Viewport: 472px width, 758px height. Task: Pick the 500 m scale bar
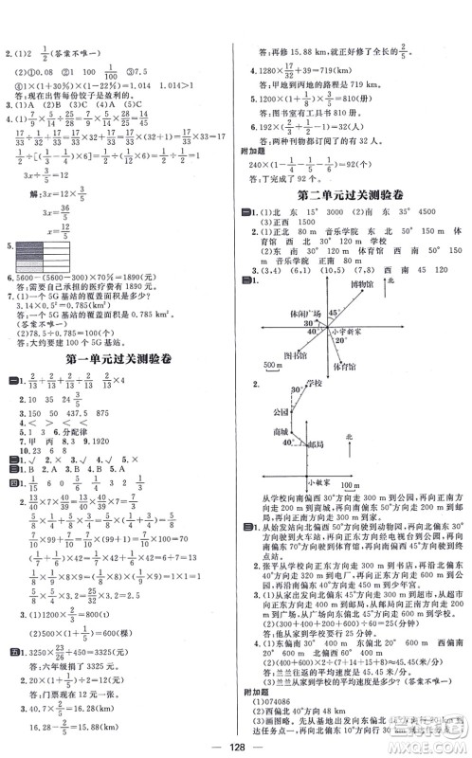(x=273, y=366)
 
